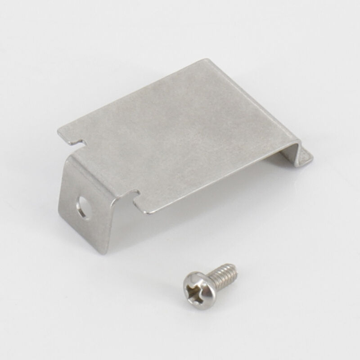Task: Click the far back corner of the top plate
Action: (207, 59)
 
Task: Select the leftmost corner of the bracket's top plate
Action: (59, 131)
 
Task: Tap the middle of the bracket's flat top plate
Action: (180, 135)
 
